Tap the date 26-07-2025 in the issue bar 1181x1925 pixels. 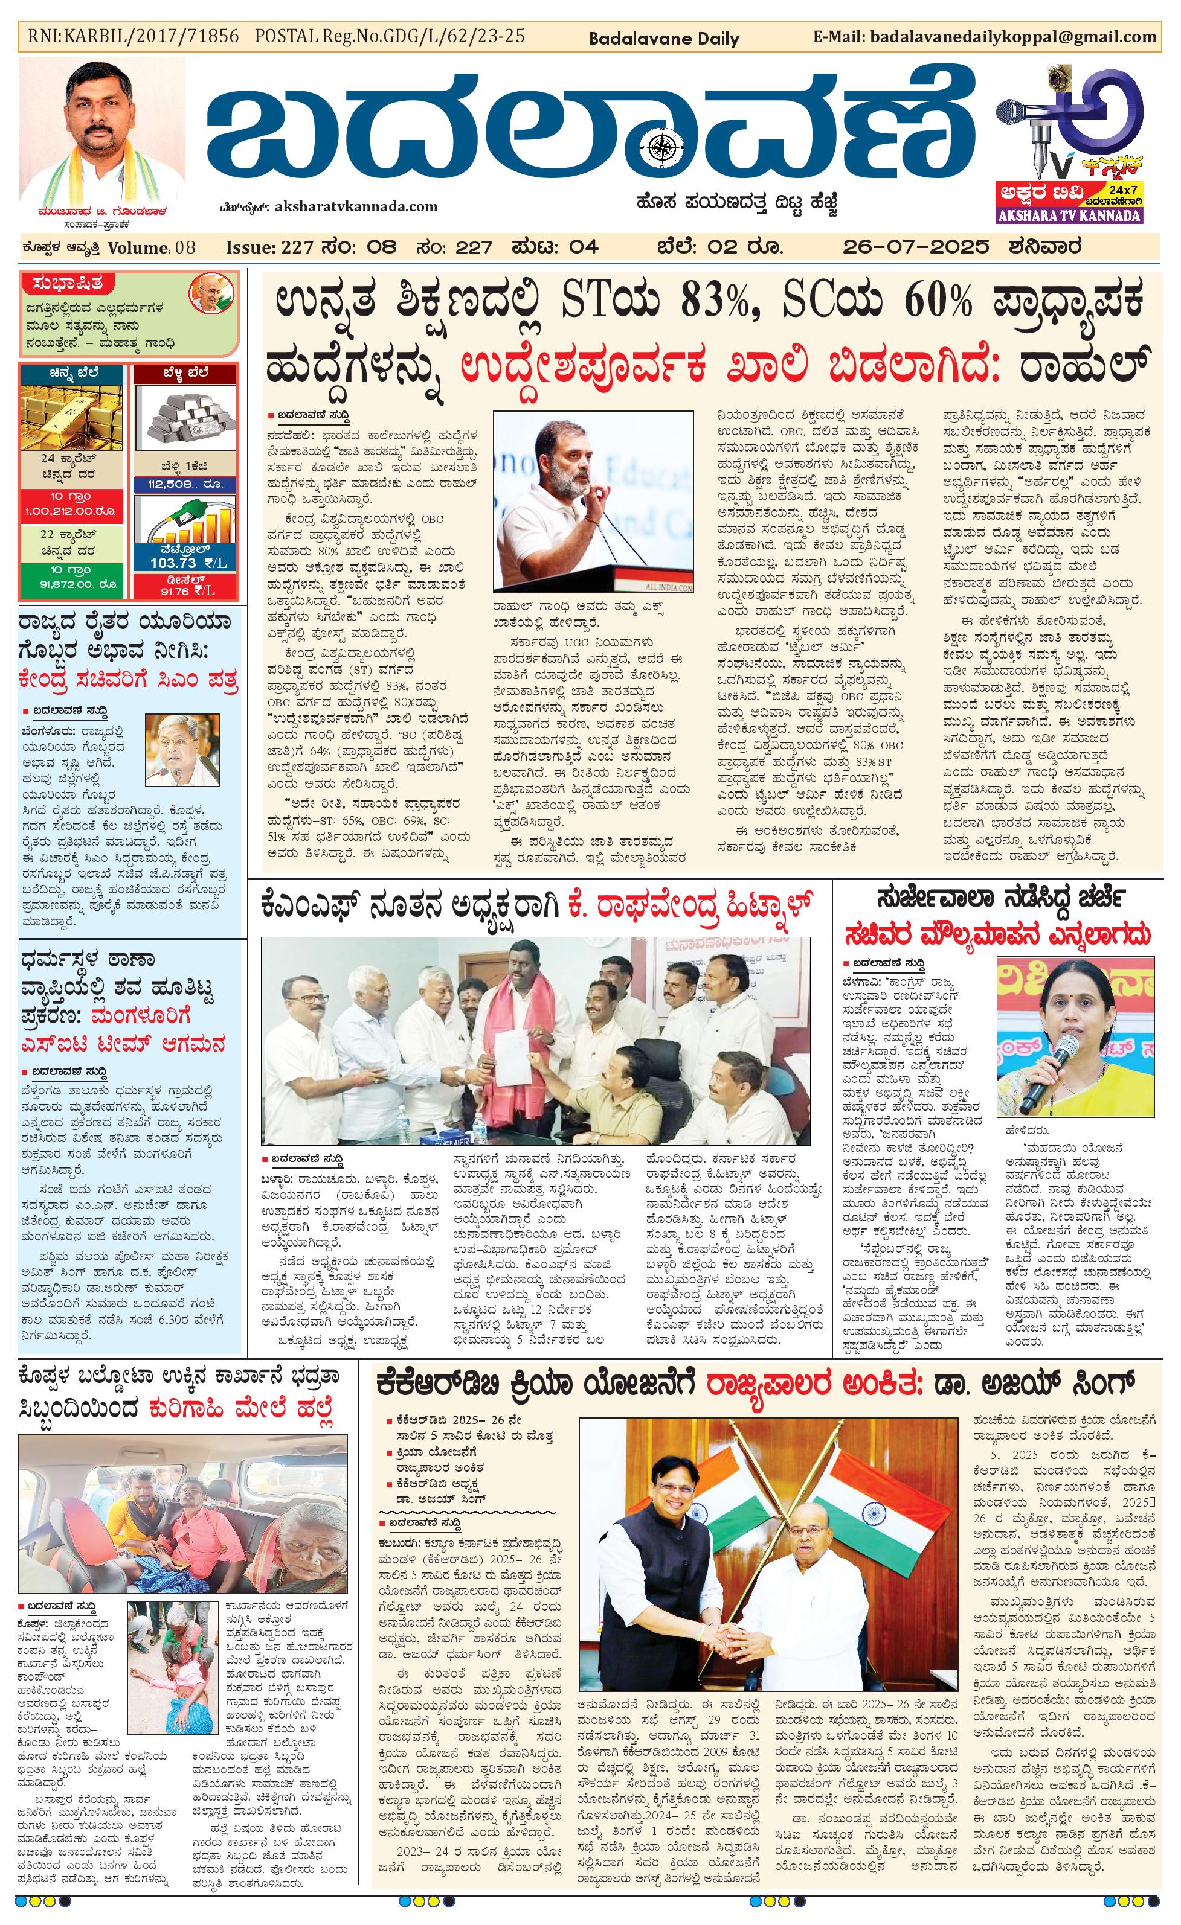pos(915,247)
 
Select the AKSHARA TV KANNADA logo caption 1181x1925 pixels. pos(1070,215)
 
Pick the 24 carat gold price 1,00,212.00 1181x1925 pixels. pos(72,512)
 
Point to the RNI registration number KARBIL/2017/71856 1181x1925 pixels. pos(133,37)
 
